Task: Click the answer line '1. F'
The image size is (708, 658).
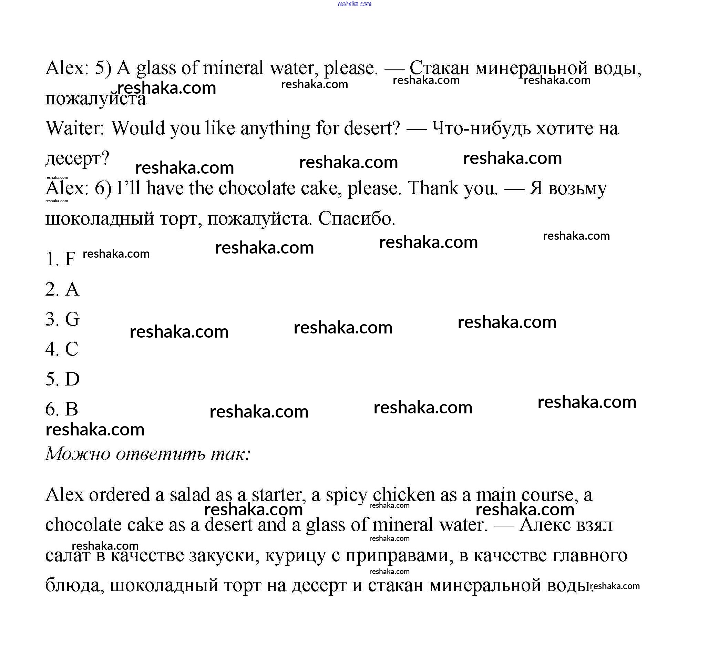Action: point(61,259)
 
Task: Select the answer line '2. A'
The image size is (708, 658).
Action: point(62,289)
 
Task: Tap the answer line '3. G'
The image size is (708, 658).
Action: point(62,319)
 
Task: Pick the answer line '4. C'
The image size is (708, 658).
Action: point(62,349)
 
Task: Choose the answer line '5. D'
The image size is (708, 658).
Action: point(62,379)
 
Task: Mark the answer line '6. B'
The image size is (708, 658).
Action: point(62,409)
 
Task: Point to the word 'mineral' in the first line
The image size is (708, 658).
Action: point(233,68)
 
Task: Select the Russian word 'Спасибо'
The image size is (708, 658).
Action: point(357,218)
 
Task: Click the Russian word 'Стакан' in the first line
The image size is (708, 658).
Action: point(440,68)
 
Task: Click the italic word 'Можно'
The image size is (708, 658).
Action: point(78,454)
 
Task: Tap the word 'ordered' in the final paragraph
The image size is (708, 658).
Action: point(119,495)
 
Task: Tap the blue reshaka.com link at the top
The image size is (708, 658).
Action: point(354,4)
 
